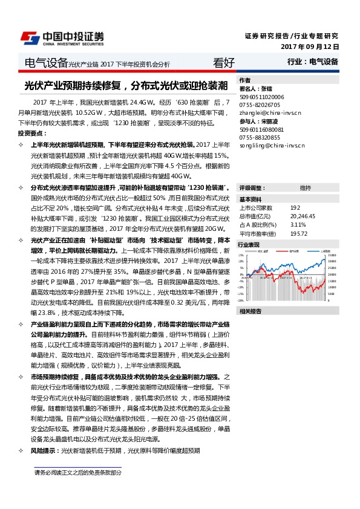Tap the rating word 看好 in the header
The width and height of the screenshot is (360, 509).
224,62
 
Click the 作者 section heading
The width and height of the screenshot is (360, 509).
244,80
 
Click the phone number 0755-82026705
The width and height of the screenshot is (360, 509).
261,105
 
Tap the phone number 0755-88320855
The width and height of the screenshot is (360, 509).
261,138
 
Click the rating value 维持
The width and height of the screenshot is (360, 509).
306,188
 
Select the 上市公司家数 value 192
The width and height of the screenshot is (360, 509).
295,207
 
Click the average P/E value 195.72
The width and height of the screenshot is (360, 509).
298,233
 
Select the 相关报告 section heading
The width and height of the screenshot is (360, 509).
250,311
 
